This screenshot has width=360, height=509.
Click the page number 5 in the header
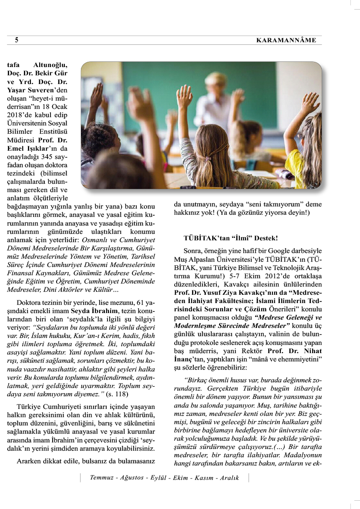click(17, 40)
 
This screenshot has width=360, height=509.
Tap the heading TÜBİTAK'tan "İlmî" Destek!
click(231, 239)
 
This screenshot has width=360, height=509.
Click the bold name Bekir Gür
click(53, 73)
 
